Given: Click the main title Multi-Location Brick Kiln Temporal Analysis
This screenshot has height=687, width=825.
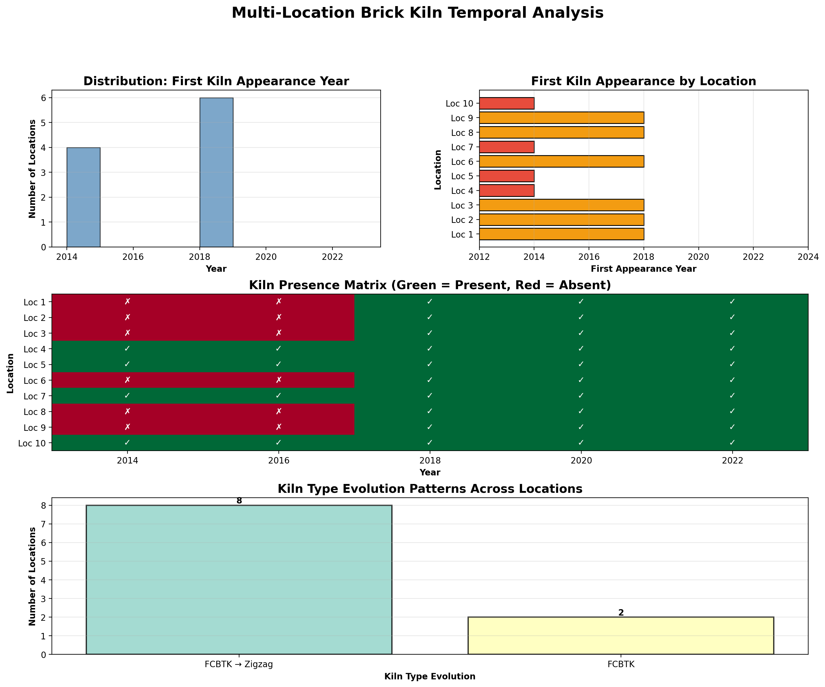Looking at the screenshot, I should pos(417,13).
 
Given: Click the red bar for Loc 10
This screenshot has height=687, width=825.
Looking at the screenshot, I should pos(506,104).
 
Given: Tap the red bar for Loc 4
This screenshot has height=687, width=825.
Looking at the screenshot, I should pos(506,191).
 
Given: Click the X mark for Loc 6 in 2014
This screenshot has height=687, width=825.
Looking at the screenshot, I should pos(127,380).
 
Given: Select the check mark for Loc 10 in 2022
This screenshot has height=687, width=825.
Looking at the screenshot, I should pos(732,443).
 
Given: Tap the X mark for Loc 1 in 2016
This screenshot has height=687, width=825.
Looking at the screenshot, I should pos(278,302).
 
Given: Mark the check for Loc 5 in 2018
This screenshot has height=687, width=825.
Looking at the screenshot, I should pos(430,365).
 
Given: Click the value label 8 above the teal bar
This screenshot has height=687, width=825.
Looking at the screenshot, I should pos(239,501).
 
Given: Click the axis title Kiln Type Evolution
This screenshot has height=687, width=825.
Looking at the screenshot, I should pos(430,676).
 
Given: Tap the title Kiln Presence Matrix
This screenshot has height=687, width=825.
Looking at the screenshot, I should pos(430,285).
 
